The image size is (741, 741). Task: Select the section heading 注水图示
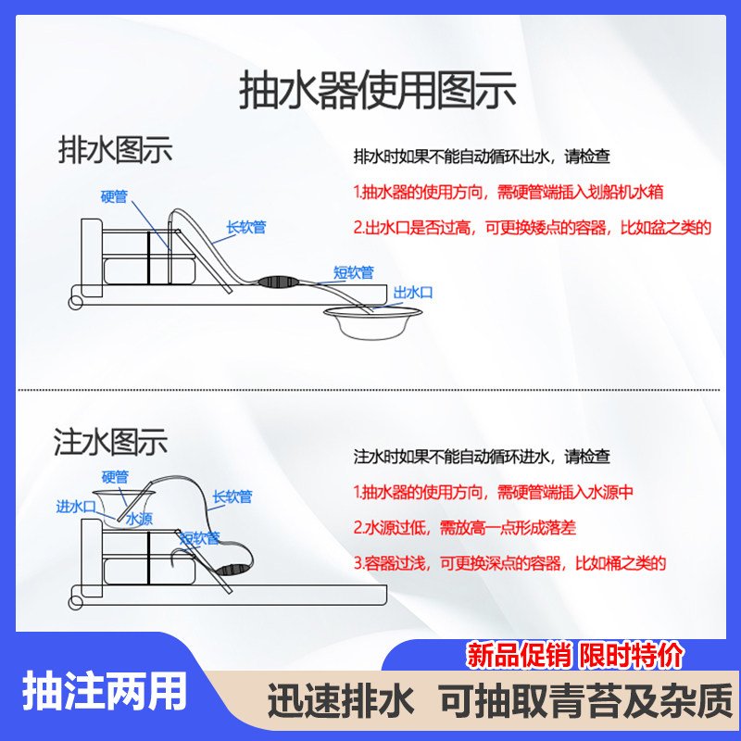pos(111,442)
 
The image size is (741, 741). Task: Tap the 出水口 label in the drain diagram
pos(413,293)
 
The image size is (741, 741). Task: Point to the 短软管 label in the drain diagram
pos(353,272)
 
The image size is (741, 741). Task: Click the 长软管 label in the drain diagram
pos(246,227)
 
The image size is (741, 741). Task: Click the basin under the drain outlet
pos(367,325)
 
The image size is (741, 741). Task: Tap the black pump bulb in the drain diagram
pos(277,280)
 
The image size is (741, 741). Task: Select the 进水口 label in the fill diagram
pos(76,506)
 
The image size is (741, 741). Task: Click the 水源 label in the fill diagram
pos(140,520)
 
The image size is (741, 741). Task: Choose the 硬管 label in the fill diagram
pos(114,478)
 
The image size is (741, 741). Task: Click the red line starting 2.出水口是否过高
pos(532,227)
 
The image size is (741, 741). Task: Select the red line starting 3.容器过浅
pos(509,562)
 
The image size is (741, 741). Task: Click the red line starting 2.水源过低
pos(464,527)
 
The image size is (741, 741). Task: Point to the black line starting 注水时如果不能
pos(482,457)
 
